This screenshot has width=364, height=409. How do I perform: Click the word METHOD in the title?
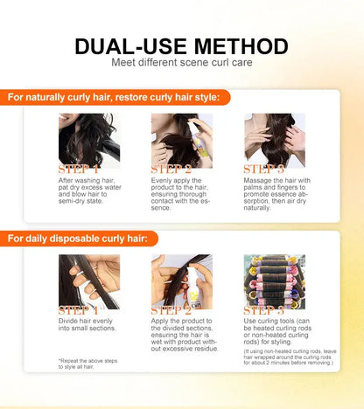pos(241,46)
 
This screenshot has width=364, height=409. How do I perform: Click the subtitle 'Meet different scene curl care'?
pos(182,62)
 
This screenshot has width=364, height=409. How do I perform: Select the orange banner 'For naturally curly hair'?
pos(115,97)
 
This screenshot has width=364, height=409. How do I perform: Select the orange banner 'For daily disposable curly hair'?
pos(79,239)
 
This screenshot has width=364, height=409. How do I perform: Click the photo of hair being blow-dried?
pos(89,141)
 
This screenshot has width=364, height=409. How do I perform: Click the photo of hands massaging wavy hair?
pos(275,141)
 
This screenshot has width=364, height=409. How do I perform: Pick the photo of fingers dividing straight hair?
pos(89,281)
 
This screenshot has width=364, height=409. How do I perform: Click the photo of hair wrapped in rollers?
pos(275,281)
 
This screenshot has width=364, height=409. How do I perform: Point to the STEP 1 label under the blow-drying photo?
pos(79,170)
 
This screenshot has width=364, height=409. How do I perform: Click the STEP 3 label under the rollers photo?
pos(264,310)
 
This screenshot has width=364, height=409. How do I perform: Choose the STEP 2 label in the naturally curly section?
pos(171,170)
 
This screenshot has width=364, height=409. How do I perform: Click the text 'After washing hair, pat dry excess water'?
pos(89,184)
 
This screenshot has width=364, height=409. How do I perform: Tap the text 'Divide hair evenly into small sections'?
pos(87,324)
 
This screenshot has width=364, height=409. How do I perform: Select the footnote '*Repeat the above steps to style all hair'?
pos(87,364)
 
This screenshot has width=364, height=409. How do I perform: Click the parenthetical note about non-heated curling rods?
pos(290,357)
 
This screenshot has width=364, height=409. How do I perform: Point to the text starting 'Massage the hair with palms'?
pos(277,194)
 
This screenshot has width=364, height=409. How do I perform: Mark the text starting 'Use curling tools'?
pos(277,331)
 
